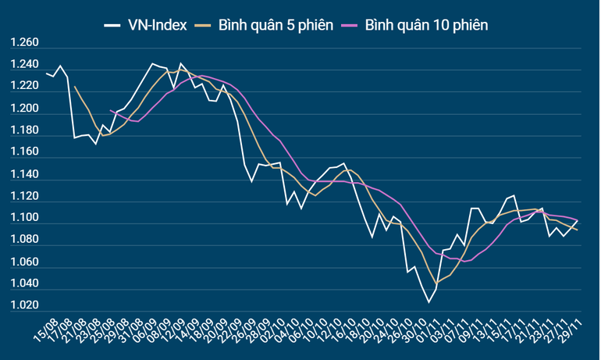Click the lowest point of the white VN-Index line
429,302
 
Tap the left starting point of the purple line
110,110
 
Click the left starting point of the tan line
75,86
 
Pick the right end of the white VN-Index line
578,219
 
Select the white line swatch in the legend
114,25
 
